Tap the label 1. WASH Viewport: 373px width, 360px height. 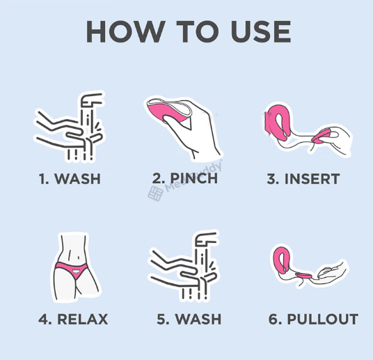(x=70, y=178)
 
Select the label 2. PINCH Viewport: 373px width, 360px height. (x=185, y=178)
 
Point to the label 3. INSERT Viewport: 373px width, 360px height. (x=303, y=179)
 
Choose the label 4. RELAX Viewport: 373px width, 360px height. (x=73, y=319)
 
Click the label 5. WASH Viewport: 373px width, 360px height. (x=189, y=319)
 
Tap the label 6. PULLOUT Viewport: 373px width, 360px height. (x=313, y=319)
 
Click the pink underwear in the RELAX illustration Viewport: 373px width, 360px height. (x=72, y=269)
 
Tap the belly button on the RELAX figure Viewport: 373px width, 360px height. (x=79, y=257)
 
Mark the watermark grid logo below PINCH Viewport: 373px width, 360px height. (x=155, y=194)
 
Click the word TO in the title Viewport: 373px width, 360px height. (x=197, y=31)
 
